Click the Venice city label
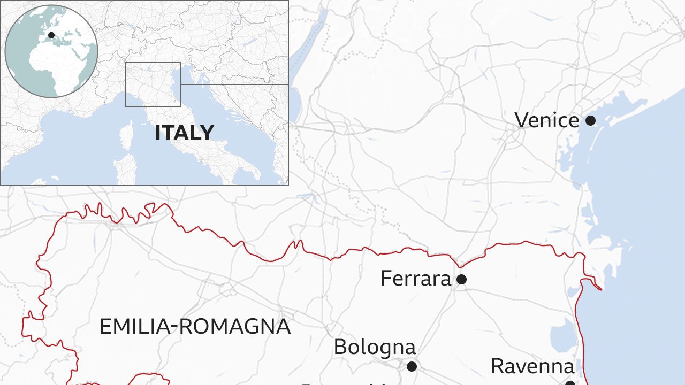click(546, 120)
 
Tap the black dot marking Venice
click(590, 121)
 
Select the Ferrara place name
click(416, 279)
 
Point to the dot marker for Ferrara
click(461, 279)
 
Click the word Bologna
click(375, 347)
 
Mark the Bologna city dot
click(412, 366)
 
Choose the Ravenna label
click(532, 366)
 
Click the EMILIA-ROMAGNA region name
click(195, 326)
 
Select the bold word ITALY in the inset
click(185, 133)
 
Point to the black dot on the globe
click(51, 35)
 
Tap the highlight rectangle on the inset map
click(153, 84)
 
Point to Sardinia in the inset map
click(125, 170)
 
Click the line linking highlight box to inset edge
click(234, 84)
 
